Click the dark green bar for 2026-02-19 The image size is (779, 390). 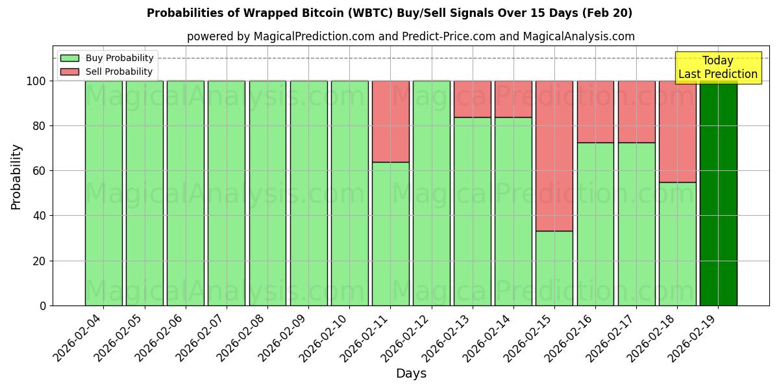(x=718, y=195)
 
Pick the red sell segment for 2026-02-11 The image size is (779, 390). (x=390, y=121)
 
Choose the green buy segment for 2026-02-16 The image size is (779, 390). (x=595, y=224)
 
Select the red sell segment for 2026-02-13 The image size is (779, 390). (x=473, y=99)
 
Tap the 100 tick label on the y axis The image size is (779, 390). (x=36, y=81)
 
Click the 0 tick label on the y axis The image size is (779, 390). (x=43, y=305)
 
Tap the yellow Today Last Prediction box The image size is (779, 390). (x=718, y=68)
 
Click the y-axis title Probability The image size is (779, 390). (x=17, y=177)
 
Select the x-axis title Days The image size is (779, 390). (x=411, y=374)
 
